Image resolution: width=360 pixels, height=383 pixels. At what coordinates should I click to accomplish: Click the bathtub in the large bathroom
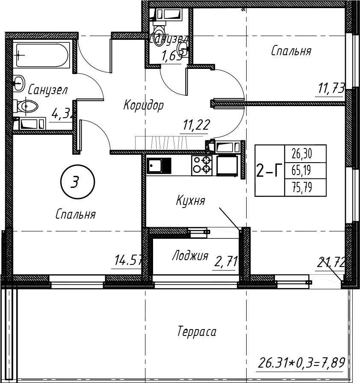tap(42, 54)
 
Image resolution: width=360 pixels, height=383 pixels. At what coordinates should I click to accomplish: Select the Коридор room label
tap(143, 105)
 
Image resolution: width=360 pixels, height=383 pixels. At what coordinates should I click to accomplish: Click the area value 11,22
tap(196, 125)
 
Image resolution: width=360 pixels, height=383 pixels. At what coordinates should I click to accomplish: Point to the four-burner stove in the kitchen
tap(202, 165)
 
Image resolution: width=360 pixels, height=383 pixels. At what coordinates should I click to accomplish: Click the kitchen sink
tap(159, 165)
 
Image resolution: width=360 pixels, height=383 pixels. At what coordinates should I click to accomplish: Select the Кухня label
tap(191, 201)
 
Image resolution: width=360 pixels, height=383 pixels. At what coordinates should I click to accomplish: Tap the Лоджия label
tap(190, 256)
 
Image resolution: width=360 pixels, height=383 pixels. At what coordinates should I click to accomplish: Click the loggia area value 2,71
tap(226, 261)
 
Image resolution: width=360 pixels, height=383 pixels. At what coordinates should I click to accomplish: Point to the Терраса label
tap(197, 332)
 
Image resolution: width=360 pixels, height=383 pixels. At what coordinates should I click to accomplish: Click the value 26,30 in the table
tap(301, 153)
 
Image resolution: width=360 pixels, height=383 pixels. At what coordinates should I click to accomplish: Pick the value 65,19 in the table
tap(301, 171)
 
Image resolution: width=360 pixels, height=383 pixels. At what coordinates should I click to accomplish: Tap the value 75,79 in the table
tap(301, 188)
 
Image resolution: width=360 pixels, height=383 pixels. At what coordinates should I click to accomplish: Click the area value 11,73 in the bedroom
tap(331, 89)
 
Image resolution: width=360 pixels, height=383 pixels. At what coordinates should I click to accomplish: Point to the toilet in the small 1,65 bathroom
tap(160, 30)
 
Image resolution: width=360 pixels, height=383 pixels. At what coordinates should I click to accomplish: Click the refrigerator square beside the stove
tap(227, 165)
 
